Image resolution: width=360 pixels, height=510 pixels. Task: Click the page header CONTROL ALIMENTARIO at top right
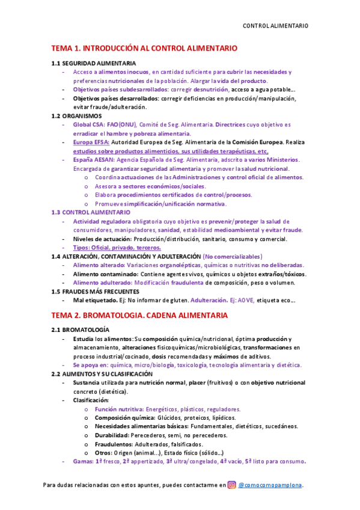(x=275, y=26)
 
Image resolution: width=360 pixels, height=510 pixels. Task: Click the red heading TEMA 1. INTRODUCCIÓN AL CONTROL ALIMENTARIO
(x=144, y=48)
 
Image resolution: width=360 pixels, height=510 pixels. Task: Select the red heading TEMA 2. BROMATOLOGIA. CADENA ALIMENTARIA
(x=139, y=315)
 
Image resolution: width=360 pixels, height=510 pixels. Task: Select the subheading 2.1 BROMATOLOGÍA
(x=80, y=330)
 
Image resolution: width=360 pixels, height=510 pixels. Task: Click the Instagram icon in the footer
(x=231, y=485)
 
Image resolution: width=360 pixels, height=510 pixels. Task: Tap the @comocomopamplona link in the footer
(x=270, y=485)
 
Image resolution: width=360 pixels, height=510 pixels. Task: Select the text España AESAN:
(x=94, y=160)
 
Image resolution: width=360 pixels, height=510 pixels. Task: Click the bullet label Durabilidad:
(x=112, y=435)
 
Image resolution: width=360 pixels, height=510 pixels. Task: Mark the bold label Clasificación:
(x=91, y=400)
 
